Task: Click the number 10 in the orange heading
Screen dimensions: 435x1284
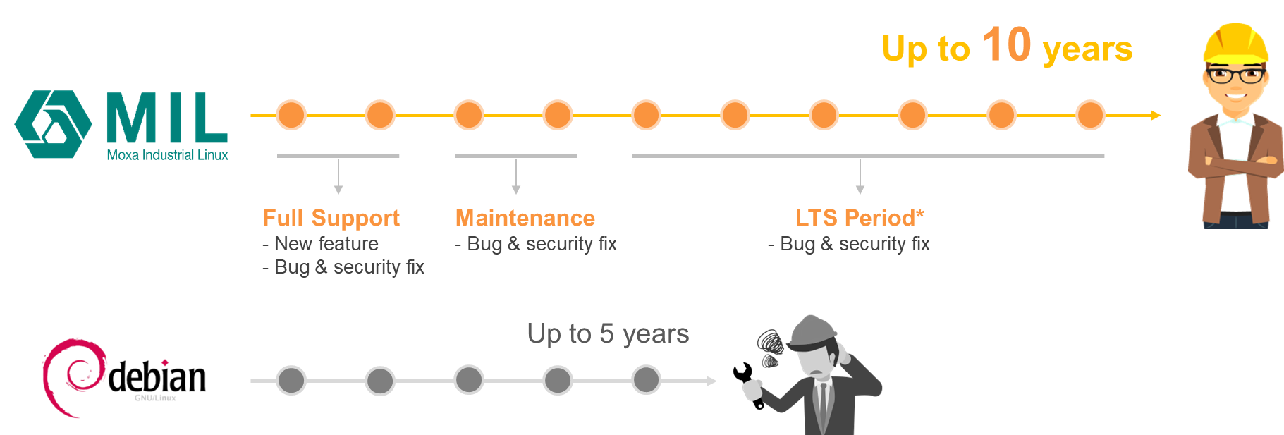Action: pyautogui.click(x=1006, y=45)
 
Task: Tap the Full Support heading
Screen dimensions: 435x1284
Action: pyautogui.click(x=331, y=219)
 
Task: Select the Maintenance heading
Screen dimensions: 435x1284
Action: pyautogui.click(x=525, y=219)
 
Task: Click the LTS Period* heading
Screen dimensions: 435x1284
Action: pyautogui.click(x=859, y=219)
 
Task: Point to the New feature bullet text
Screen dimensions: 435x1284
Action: pyautogui.click(x=326, y=244)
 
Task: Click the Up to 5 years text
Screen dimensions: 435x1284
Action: pyautogui.click(x=607, y=333)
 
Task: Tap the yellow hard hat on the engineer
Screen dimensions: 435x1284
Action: pyautogui.click(x=1235, y=44)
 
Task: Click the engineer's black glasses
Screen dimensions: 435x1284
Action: pyautogui.click(x=1235, y=75)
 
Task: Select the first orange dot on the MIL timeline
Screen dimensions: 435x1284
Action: pyautogui.click(x=291, y=115)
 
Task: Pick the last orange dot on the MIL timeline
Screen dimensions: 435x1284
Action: pyautogui.click(x=1090, y=115)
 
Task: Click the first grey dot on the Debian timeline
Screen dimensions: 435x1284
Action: pyautogui.click(x=291, y=381)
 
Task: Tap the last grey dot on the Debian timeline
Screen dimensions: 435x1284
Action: pyautogui.click(x=646, y=381)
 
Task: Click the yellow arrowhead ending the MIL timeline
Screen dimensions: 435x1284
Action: pyautogui.click(x=1155, y=115)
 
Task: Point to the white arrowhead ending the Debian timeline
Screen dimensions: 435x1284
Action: pyautogui.click(x=711, y=381)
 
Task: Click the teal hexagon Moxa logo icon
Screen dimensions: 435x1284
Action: pyautogui.click(x=53, y=124)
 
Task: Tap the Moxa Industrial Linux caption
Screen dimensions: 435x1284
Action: pyautogui.click(x=168, y=155)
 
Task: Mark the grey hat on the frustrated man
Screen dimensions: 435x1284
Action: pyautogui.click(x=813, y=331)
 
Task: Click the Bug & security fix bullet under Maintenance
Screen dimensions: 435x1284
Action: pyautogui.click(x=541, y=244)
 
